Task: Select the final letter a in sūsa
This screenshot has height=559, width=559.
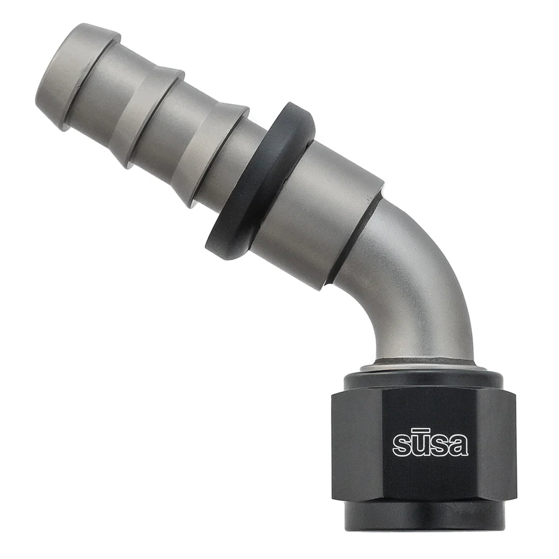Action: (459, 445)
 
